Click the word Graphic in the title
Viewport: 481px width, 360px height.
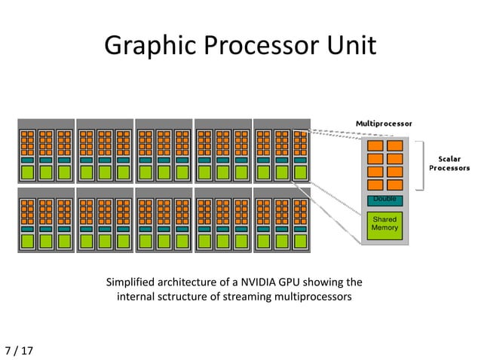pyautogui.click(x=142, y=46)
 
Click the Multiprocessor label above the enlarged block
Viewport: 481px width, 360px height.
pyautogui.click(x=384, y=123)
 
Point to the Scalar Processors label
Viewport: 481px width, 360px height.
pyautogui.click(x=449, y=163)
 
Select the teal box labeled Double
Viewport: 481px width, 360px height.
pyautogui.click(x=384, y=200)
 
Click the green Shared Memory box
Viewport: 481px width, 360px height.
pyautogui.click(x=384, y=224)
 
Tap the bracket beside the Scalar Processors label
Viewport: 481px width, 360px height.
pyautogui.click(x=418, y=165)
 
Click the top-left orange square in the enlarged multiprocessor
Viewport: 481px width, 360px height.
pyautogui.click(x=375, y=146)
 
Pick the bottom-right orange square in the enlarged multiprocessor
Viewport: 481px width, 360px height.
pyautogui.click(x=394, y=185)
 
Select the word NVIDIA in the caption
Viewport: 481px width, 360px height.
pyautogui.click(x=254, y=283)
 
